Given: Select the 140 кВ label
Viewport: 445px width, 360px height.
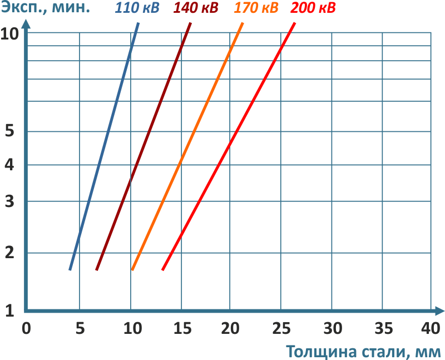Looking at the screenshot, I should coord(196,9).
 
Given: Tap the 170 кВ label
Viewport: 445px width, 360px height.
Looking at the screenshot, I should coord(256,9).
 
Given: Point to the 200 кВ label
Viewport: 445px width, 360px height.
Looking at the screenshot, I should coord(313,9).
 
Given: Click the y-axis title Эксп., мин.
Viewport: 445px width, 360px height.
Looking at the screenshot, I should coord(45,8).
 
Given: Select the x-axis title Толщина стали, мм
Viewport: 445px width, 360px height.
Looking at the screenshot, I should coord(364,352).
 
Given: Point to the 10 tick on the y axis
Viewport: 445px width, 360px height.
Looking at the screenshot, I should coord(10,34).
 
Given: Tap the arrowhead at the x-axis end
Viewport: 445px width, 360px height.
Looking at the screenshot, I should coord(439,310).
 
